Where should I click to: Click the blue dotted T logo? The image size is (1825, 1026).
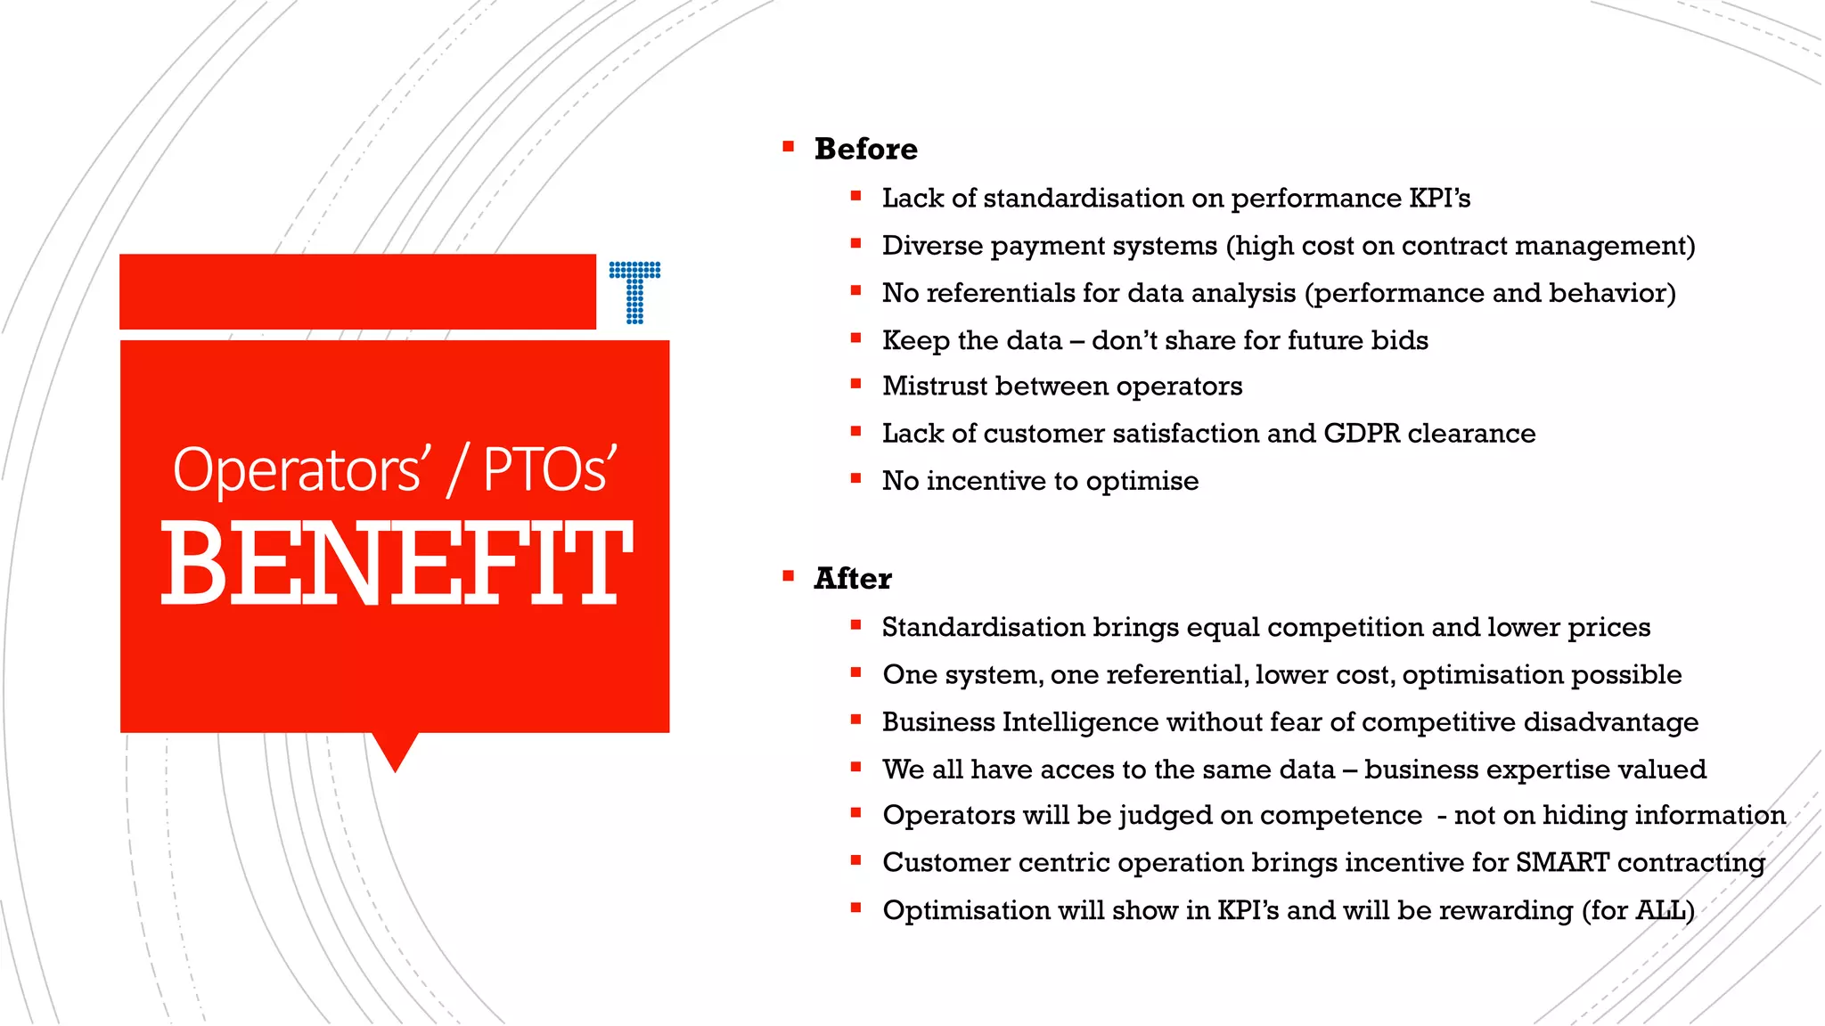tap(634, 291)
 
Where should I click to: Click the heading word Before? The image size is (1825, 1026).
tap(865, 149)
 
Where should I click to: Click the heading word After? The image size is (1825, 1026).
tap(852, 579)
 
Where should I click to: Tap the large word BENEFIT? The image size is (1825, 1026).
tap(396, 564)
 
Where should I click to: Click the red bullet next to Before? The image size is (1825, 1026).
tap(788, 146)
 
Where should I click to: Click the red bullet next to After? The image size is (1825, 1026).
tap(788, 576)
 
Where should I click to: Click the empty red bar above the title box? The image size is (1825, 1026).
tap(356, 291)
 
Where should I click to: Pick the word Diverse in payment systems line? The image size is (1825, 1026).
tap(931, 245)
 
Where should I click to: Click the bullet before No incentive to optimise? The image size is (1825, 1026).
tap(855, 478)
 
